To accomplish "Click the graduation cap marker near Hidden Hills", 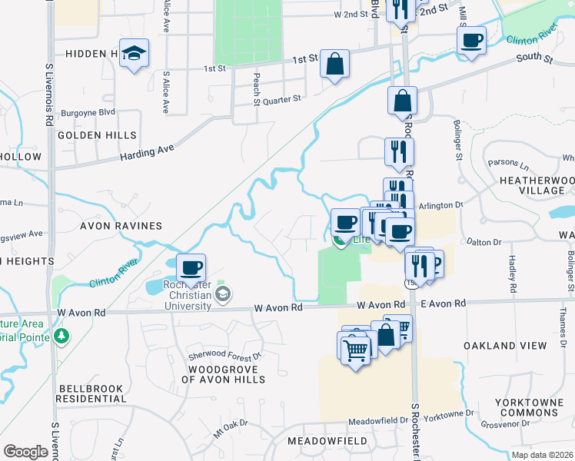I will click(x=135, y=53).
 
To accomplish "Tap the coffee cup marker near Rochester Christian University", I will click(x=191, y=268).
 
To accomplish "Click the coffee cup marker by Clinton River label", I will click(x=471, y=40).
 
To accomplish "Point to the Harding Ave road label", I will click(x=148, y=151).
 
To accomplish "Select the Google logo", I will click(x=25, y=451).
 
